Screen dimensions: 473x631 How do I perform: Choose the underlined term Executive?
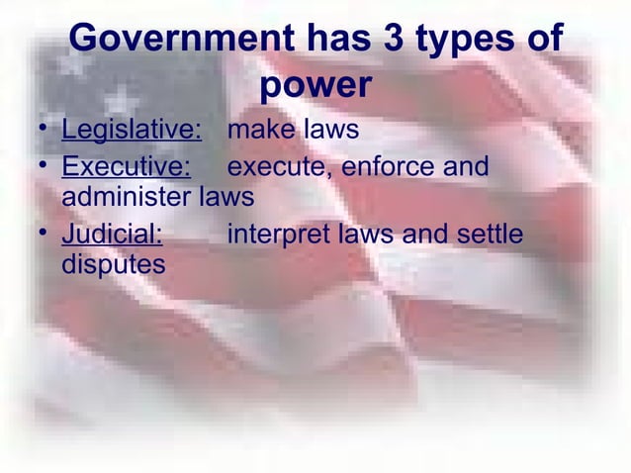126,165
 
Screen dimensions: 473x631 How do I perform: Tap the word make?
262,130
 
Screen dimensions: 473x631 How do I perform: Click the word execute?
280,166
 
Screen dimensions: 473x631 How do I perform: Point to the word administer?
128,197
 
